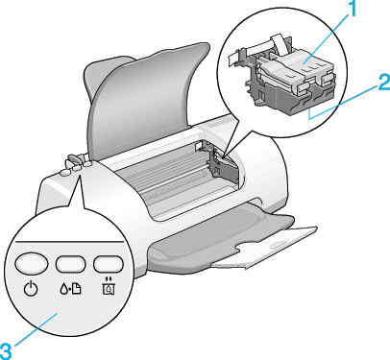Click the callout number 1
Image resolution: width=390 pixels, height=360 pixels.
tap(351, 9)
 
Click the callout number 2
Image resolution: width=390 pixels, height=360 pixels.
tap(384, 82)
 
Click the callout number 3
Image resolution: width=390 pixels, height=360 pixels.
tap(6, 351)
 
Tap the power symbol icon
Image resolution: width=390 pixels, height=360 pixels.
tap(31, 289)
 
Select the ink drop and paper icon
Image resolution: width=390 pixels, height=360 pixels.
tap(70, 289)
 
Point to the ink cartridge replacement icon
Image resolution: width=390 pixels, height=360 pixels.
tap(109, 286)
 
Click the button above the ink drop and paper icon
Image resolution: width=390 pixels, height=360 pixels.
tap(71, 264)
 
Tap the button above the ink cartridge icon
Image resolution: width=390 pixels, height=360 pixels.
tap(109, 264)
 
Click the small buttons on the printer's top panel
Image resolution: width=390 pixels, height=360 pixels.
tap(76, 165)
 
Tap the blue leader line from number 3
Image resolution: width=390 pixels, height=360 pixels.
tap(36, 330)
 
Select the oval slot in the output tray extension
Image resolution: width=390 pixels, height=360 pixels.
tap(277, 246)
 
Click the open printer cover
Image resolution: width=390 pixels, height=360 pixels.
tap(147, 103)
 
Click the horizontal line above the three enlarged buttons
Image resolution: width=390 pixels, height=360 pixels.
tap(70, 242)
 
